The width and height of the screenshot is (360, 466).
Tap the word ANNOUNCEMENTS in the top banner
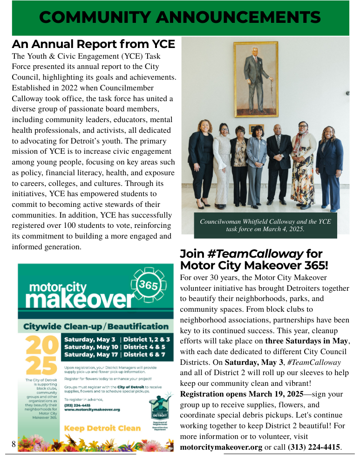point(238,18)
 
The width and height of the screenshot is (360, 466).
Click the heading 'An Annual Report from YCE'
point(93,44)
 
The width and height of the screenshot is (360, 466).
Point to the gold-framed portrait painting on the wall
point(256,79)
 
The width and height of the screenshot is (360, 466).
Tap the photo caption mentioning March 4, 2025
point(265,226)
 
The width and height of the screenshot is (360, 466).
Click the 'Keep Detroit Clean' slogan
point(102,428)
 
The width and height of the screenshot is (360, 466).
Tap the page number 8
point(14,445)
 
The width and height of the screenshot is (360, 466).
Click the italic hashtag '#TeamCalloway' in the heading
point(255,254)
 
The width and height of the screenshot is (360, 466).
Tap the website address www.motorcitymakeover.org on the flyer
point(92,409)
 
